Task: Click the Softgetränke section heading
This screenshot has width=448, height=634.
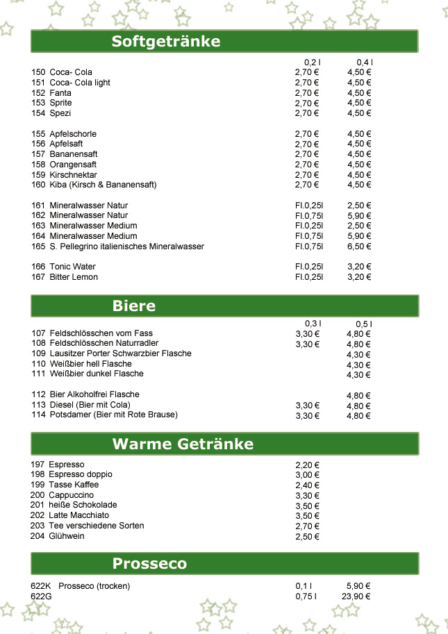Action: point(166,42)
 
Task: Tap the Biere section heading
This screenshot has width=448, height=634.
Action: point(134,306)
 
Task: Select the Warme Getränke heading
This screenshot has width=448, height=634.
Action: point(183,444)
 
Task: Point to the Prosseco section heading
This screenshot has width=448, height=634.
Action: point(149,563)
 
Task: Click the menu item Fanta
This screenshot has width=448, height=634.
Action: point(60,93)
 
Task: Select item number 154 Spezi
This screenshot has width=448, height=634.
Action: point(60,113)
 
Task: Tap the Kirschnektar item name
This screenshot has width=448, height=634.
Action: point(73,175)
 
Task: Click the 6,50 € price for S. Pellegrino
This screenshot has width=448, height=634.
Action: point(360,247)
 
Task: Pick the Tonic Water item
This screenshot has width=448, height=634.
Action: point(72,267)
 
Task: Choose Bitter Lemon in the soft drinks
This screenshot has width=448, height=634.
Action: point(74,277)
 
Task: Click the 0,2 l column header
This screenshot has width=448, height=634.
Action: point(312,62)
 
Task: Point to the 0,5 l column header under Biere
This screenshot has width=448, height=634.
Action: point(364,324)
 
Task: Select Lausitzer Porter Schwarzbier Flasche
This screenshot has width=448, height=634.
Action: point(120,353)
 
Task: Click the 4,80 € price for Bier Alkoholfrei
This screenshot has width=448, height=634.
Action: point(358,396)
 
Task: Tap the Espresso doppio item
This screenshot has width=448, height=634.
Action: point(81,474)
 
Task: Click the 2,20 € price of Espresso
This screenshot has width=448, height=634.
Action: point(307,465)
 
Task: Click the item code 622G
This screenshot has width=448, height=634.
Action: point(42,597)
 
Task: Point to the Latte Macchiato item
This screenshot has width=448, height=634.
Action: point(78,515)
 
